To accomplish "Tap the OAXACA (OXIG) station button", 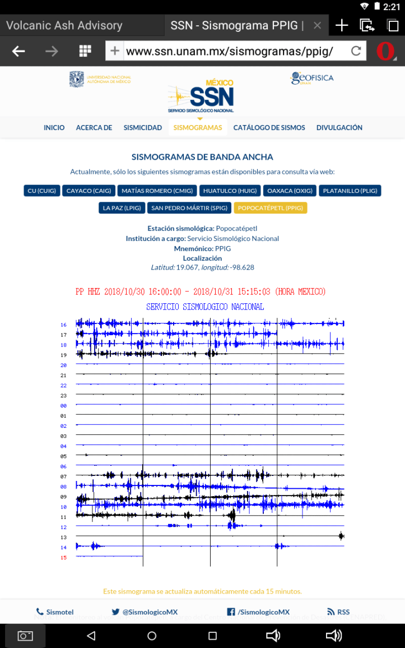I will tap(290, 191).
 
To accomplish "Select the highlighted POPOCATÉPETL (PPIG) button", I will tap(271, 208).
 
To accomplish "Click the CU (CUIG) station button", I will tap(41, 191).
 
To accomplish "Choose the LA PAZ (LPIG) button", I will tap(122, 208).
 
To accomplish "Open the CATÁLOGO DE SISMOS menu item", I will tap(269, 128).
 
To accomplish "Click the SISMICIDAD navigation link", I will tap(143, 128).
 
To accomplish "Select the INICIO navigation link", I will tap(54, 128).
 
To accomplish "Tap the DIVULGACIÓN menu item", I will tap(339, 128).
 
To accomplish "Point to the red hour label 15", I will tap(64, 558).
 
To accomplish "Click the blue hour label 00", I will tap(64, 406).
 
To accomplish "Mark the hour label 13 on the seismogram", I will tap(64, 538).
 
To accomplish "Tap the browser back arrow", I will tap(18, 52).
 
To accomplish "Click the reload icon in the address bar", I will tap(356, 52).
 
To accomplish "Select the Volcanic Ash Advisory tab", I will tap(64, 25).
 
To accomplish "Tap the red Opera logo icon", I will tap(385, 52).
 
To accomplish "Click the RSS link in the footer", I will tap(338, 612).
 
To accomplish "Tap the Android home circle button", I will tap(152, 636).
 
